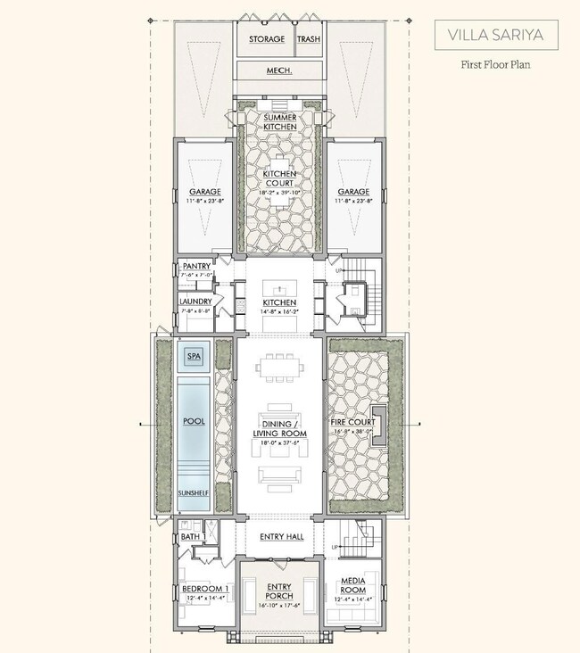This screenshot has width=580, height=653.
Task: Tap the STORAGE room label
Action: click(267, 39)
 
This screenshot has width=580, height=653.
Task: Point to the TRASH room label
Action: click(308, 39)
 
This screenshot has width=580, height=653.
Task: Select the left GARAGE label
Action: click(204, 192)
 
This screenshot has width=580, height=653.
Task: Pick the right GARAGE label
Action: click(354, 192)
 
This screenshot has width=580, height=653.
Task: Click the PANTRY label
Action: click(195, 266)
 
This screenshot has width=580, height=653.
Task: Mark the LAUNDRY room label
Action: click(195, 302)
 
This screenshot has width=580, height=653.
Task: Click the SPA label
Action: click(194, 356)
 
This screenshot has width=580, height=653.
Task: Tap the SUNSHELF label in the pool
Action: click(193, 492)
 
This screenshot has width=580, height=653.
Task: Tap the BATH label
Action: click(190, 537)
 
